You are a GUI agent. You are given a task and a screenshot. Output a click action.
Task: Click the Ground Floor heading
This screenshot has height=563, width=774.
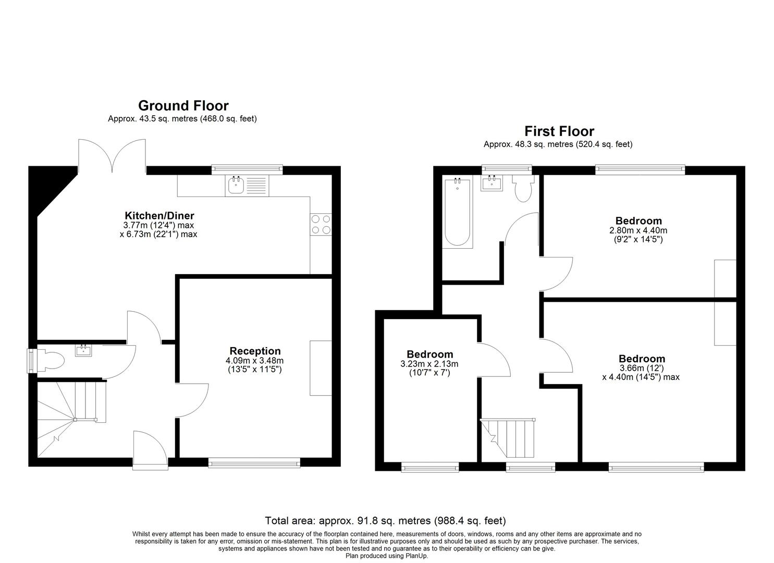183,106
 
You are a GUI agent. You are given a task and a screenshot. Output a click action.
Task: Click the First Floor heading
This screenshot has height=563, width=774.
559,131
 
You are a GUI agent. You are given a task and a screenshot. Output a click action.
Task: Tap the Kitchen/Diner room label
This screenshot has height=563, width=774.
159,215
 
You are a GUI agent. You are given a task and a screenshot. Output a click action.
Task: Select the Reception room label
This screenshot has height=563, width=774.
255,351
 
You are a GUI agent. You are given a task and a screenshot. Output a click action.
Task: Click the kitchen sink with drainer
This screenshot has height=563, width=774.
247,185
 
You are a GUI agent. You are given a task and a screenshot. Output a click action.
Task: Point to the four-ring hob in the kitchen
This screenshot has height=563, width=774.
321,224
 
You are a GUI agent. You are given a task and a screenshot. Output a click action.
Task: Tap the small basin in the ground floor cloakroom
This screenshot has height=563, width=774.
83,350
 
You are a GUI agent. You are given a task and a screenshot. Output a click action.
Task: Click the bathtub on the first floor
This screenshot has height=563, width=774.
458,213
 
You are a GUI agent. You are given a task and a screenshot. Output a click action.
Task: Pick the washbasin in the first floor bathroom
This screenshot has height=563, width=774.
492,183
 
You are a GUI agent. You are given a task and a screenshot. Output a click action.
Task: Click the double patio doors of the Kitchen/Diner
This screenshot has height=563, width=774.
112,155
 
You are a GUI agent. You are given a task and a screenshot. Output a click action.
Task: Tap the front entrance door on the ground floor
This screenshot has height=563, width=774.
150,447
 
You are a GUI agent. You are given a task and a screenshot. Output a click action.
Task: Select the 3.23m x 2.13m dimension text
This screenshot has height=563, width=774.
429,364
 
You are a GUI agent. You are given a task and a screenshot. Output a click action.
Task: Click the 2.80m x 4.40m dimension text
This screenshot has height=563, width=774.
638,230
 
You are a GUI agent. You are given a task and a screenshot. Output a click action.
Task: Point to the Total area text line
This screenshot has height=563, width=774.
385,520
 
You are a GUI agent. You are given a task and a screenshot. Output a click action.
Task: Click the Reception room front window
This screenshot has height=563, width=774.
254,462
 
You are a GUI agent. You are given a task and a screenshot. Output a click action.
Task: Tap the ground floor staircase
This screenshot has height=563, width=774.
70,412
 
